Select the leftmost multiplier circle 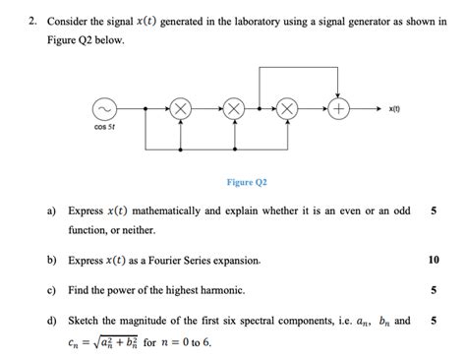tap(180, 109)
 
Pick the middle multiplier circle tap(233, 109)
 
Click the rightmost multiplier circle tap(286, 109)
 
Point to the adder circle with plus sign tap(339, 109)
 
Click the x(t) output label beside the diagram tap(393, 109)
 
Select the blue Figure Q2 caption tap(246, 182)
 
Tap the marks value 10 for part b tap(434, 261)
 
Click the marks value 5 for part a tap(434, 210)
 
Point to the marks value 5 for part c tap(434, 291)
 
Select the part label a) tap(50, 210)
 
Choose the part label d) tap(50, 321)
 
